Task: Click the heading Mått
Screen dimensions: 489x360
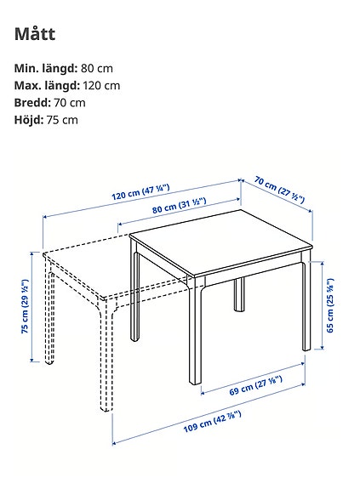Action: click(35, 33)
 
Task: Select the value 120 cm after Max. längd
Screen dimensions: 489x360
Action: click(101, 85)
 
